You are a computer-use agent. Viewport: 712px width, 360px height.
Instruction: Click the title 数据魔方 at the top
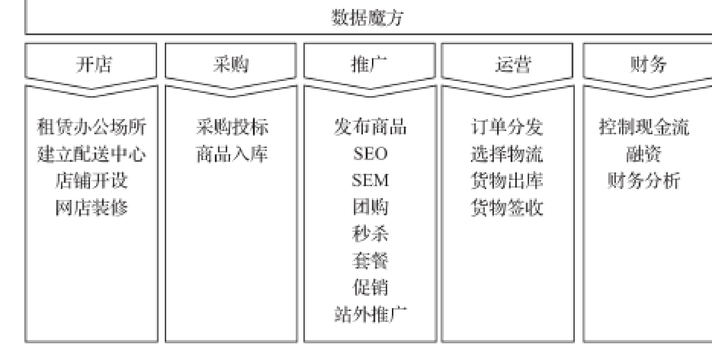tap(367, 17)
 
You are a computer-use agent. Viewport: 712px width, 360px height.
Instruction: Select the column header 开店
tap(94, 65)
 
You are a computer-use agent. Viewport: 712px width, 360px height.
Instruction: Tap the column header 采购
tap(231, 65)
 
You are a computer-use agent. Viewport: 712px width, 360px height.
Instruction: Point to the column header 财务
tap(648, 65)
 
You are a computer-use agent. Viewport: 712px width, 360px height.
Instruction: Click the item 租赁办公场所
tap(91, 127)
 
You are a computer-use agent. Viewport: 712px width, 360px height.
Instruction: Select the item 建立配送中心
tap(91, 154)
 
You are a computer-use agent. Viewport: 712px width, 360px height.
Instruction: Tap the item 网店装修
tap(91, 208)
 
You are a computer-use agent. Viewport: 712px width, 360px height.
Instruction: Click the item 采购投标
tap(232, 127)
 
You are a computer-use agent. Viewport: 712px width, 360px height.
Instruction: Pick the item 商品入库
tap(232, 154)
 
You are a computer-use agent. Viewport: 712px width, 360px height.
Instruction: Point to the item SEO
tap(370, 154)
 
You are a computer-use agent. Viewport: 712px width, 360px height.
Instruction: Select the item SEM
tap(370, 180)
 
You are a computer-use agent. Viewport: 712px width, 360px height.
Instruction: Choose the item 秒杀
tap(370, 234)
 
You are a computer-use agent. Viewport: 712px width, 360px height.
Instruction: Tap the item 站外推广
tap(370, 314)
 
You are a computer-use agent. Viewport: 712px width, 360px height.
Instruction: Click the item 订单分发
tap(507, 127)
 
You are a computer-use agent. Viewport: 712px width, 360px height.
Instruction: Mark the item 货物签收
tap(507, 208)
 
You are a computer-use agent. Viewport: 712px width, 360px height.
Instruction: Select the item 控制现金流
tap(644, 127)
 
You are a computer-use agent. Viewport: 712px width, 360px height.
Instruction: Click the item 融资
tap(644, 154)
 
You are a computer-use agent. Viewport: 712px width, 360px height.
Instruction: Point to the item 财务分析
tap(644, 180)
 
